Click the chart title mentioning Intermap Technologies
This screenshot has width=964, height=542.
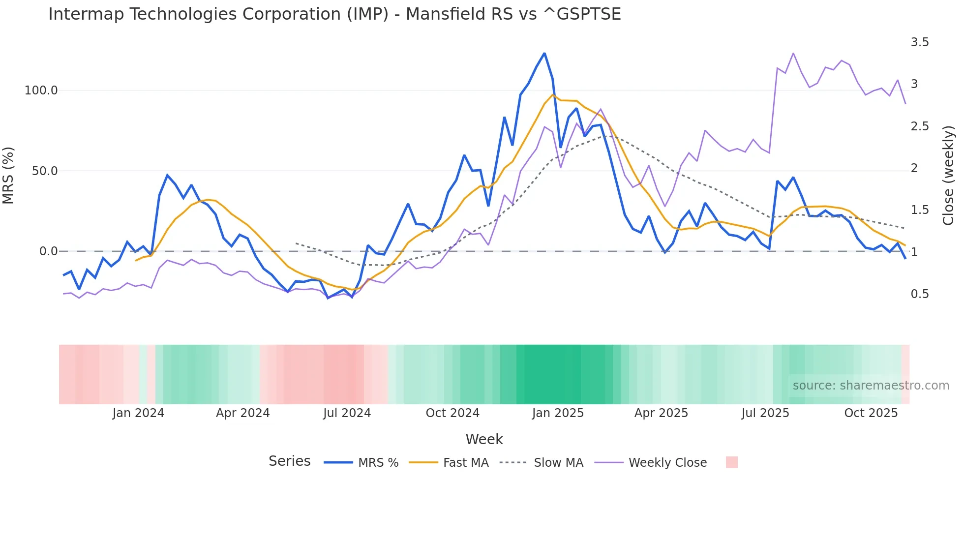334,14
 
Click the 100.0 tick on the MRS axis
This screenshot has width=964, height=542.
41,90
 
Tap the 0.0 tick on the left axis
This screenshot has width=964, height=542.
48,251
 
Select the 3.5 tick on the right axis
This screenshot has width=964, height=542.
920,42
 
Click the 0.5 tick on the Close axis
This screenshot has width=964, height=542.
920,294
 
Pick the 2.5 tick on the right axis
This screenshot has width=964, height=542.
920,126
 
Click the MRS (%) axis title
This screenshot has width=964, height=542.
8,175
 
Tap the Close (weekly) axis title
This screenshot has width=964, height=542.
948,175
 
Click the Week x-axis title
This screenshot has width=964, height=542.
484,439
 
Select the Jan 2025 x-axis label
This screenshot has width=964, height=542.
558,413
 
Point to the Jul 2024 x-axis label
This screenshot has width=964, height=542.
347,413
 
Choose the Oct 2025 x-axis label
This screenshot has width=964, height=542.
871,413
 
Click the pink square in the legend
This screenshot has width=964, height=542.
731,462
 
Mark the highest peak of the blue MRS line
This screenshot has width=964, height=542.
544,54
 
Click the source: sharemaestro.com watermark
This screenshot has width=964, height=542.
871,386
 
